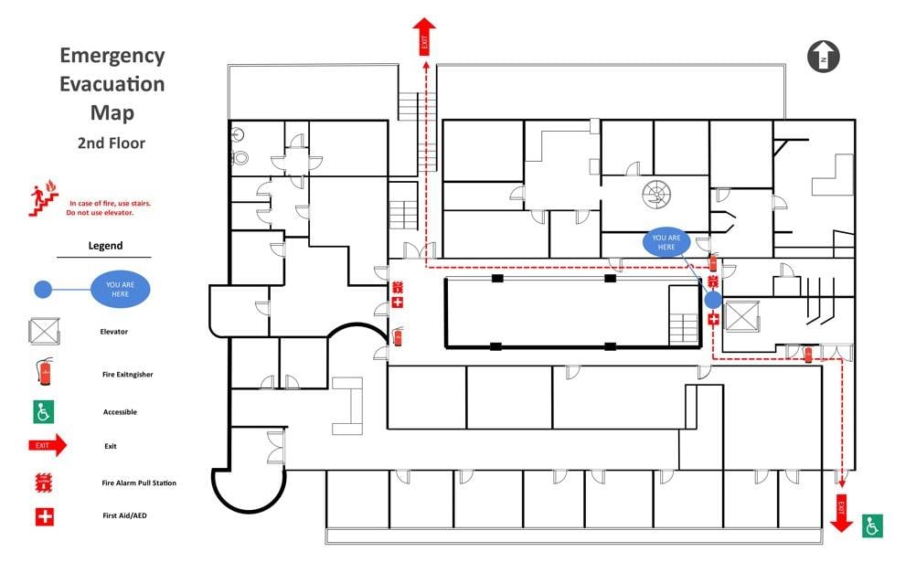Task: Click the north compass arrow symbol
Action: tap(823, 56)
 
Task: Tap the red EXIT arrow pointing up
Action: tap(424, 37)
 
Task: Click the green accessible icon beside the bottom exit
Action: tap(872, 525)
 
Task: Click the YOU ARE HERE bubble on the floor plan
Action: tap(666, 242)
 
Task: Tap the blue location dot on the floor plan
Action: tap(713, 299)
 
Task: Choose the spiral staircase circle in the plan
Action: tap(655, 193)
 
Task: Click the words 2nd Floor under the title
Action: tap(111, 143)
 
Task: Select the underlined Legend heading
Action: tap(105, 246)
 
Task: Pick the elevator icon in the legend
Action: tap(44, 331)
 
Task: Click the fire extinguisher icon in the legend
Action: tap(44, 371)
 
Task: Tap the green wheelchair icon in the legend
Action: tap(44, 412)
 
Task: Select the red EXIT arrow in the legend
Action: tap(48, 446)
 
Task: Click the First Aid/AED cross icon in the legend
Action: tap(44, 516)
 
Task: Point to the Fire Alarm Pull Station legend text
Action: tap(139, 483)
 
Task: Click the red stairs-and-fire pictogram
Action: tap(42, 200)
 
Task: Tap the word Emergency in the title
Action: tap(112, 56)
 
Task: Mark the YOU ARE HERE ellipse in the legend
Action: tap(120, 290)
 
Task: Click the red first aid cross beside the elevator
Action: tap(713, 319)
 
